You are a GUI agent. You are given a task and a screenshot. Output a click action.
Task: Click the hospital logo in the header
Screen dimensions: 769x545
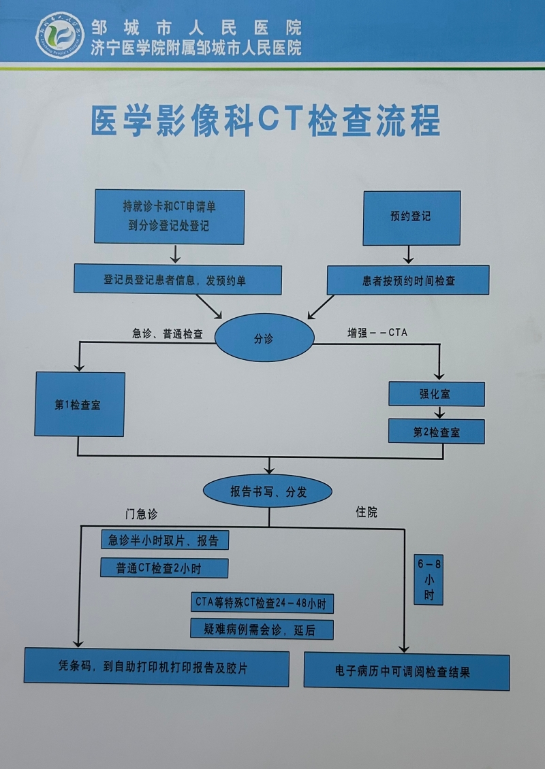pos(60,35)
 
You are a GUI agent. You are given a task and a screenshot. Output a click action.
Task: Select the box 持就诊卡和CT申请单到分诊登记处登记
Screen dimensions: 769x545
pos(169,216)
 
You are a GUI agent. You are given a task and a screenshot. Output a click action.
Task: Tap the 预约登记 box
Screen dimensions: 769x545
pos(411,217)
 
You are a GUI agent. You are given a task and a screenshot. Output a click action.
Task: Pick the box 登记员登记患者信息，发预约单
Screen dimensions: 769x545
pos(177,280)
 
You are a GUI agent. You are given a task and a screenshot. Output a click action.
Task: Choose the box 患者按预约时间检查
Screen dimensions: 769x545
pos(407,280)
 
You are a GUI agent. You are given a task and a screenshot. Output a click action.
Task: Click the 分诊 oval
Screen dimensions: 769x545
pos(264,338)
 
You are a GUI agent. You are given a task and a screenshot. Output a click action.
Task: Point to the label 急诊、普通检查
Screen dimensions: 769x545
pos(168,333)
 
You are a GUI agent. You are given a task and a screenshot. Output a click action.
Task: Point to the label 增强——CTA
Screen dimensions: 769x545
pos(377,333)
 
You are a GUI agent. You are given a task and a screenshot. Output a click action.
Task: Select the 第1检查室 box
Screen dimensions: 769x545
pos(79,404)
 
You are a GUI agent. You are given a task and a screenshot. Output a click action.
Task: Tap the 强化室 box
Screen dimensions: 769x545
pos(436,394)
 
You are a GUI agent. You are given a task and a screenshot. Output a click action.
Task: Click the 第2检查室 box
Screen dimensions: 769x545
pos(436,431)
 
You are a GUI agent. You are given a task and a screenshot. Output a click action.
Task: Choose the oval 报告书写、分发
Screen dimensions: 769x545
pos(268,491)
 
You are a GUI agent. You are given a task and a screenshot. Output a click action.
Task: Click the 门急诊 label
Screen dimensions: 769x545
pos(141,514)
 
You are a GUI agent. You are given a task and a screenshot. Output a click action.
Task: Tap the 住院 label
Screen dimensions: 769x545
pos(367,512)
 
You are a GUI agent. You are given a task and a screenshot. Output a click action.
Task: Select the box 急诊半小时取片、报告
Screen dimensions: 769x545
pos(164,540)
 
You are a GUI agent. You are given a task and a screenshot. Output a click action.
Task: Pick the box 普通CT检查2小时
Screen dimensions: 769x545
pos(163,568)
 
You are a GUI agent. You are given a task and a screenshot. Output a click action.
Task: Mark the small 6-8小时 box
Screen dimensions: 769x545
pos(429,580)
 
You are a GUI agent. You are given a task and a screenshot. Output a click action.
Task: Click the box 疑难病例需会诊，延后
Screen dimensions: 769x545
pos(262,629)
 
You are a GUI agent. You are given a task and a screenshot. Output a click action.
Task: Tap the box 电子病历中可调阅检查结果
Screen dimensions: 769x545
pos(406,672)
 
